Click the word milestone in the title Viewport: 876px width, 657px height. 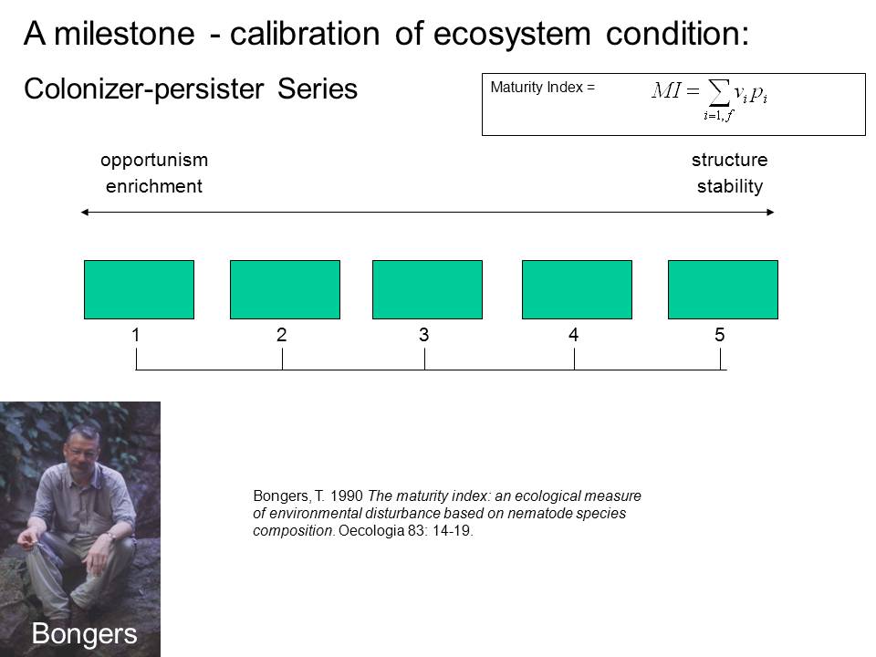(125, 34)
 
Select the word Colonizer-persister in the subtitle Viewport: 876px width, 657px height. (143, 89)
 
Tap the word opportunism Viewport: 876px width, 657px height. (154, 161)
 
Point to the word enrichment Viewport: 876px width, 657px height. (154, 186)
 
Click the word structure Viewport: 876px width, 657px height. (730, 160)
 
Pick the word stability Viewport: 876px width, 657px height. (730, 186)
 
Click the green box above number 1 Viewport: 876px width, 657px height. (139, 289)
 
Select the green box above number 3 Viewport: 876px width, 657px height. (427, 289)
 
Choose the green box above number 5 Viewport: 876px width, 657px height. (723, 289)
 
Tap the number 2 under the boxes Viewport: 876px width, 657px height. (282, 335)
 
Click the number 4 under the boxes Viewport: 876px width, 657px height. (573, 335)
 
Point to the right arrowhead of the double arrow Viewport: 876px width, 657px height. (770, 213)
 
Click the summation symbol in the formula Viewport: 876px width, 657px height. (719, 92)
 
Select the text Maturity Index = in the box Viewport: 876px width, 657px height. (542, 88)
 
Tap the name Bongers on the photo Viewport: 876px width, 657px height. (84, 633)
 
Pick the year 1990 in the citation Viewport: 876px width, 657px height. (347, 496)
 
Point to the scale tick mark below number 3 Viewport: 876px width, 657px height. (424, 360)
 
